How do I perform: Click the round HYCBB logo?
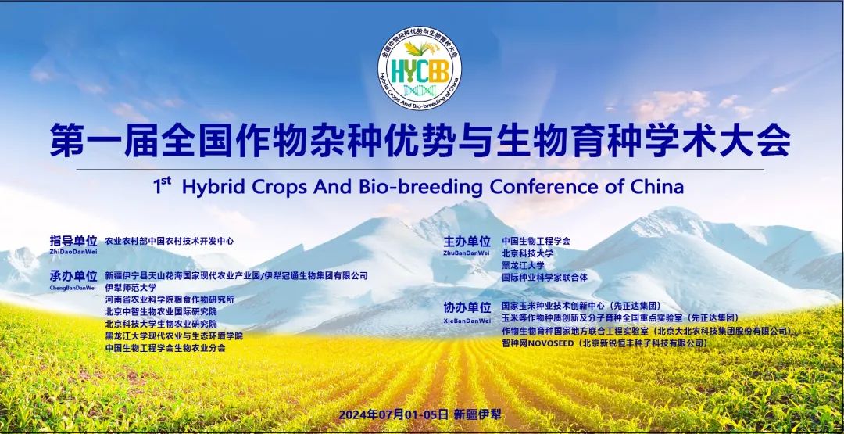click(x=420, y=69)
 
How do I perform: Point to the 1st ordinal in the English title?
click(x=162, y=186)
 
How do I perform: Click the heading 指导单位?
click(x=73, y=241)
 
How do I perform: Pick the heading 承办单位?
click(x=73, y=276)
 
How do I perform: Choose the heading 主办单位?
click(x=467, y=241)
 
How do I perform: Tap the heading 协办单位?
click(x=467, y=308)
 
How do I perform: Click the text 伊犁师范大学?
click(x=131, y=288)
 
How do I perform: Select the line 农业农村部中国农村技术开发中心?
click(x=170, y=241)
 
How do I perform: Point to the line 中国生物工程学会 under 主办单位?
click(x=536, y=241)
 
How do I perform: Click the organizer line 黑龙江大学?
click(x=523, y=265)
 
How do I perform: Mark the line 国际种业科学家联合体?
click(x=545, y=278)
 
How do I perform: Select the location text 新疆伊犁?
click(x=477, y=414)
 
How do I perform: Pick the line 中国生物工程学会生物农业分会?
click(x=166, y=348)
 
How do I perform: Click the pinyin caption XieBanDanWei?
click(x=467, y=321)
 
